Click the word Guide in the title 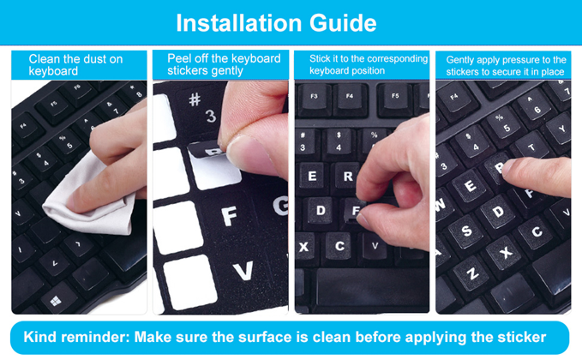coord(343,23)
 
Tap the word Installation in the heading coord(239,23)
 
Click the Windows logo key coord(56,300)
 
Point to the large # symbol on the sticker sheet coord(195,99)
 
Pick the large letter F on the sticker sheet coord(230,216)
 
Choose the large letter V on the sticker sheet coord(243,271)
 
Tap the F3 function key coord(314,97)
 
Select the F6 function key coord(78,90)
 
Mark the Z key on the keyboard coord(471,274)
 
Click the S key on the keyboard coord(466,231)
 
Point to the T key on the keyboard coord(531,147)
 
